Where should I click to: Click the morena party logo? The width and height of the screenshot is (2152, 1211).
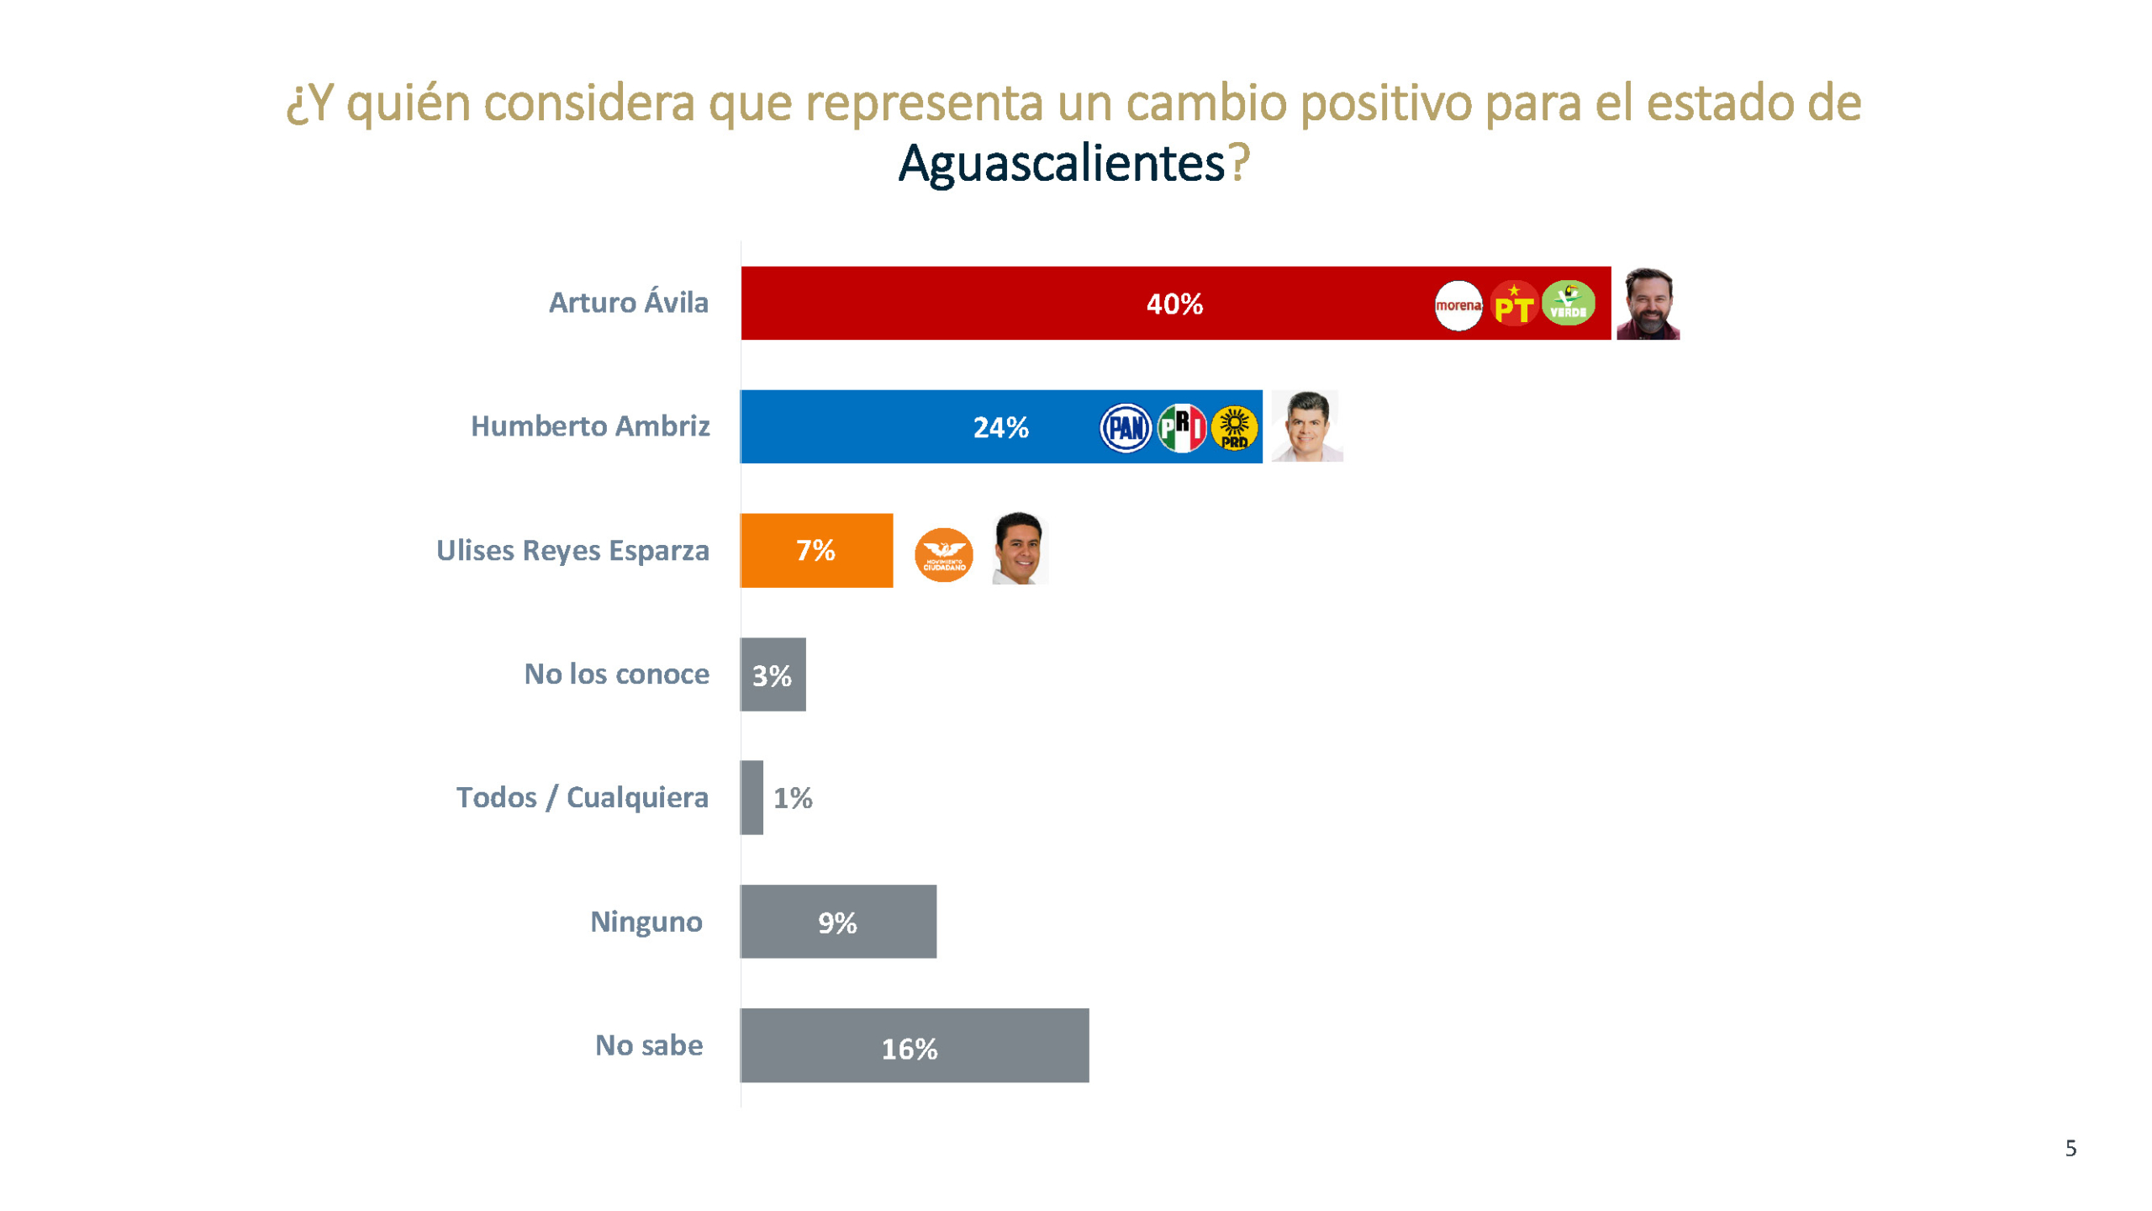[x=1458, y=304]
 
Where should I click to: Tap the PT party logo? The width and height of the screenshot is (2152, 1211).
[x=1513, y=304]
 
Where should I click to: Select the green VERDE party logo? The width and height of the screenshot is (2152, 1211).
[x=1568, y=303]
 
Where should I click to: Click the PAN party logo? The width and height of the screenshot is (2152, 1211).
[x=1125, y=428]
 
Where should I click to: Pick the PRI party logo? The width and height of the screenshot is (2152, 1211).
[x=1181, y=428]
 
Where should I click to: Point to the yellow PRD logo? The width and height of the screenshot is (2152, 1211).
[x=1234, y=428]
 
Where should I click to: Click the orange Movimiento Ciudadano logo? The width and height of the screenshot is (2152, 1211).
[x=943, y=555]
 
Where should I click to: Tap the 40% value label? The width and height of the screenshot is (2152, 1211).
[x=1174, y=304]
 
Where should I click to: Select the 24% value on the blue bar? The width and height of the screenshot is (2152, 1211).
[x=1000, y=428]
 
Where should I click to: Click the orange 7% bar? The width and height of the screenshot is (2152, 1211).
[x=815, y=550]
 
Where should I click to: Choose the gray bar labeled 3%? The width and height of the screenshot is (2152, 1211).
[x=773, y=674]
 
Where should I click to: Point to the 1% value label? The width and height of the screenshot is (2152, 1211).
[x=793, y=798]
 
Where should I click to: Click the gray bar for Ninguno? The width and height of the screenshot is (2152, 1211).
[x=838, y=922]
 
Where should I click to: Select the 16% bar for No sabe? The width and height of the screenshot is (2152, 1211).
[x=914, y=1045]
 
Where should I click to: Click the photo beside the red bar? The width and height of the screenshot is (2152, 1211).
[x=1648, y=304]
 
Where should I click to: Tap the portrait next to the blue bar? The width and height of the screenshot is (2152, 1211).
[x=1306, y=426]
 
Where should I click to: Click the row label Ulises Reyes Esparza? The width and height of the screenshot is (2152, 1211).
[x=572, y=551]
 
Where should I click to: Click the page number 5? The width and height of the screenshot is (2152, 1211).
[x=2070, y=1149]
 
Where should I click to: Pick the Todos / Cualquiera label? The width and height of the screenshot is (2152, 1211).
[x=582, y=797]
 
